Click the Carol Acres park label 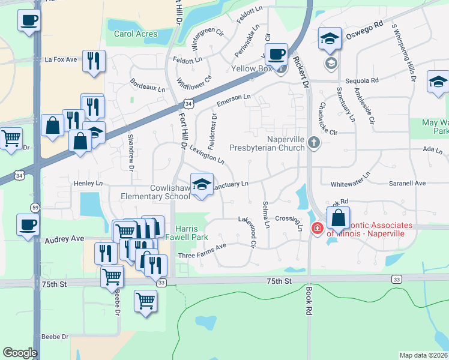click(136, 34)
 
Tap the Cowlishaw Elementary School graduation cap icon click(202, 184)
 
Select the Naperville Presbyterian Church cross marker click(313, 143)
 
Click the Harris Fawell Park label click(191, 233)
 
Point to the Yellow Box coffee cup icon click(276, 54)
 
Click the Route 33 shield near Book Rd click(396, 279)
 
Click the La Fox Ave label click(61, 59)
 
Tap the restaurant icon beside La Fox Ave click(94, 61)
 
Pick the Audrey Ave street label click(65, 239)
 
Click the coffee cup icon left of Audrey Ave click(28, 225)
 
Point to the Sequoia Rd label click(362, 80)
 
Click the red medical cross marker click(316, 228)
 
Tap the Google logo click(20, 353)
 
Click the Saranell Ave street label click(407, 183)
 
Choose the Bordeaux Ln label click(147, 88)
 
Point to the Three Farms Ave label click(202, 251)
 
